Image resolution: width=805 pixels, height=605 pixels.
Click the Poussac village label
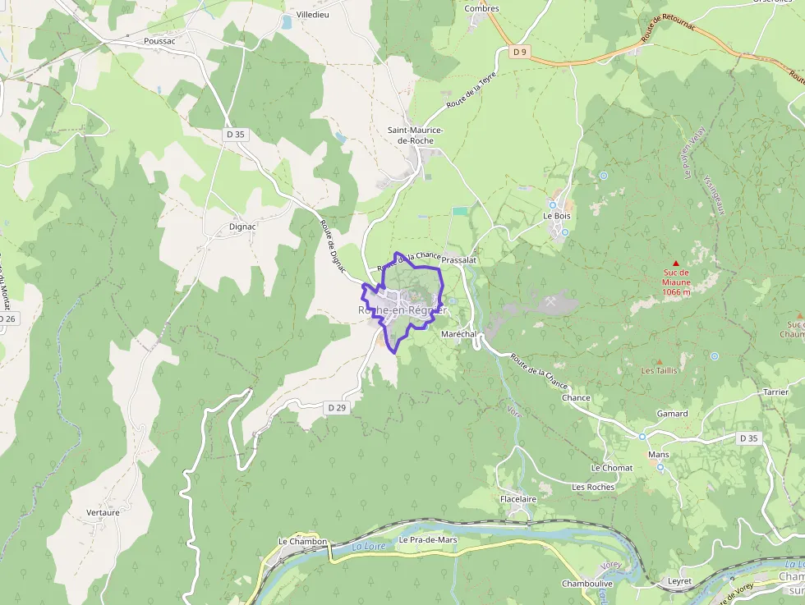pos(159,40)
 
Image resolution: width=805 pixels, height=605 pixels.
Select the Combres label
pos(481,8)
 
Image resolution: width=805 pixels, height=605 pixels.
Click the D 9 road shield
pos(518,53)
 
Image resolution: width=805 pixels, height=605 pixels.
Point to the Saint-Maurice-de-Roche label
pos(416,135)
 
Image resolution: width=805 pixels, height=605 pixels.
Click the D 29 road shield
pos(337,407)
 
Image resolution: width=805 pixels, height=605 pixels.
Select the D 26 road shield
pos(7,319)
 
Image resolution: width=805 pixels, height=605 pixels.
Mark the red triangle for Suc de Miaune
pos(676,263)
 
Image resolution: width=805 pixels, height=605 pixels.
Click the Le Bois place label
pos(556,216)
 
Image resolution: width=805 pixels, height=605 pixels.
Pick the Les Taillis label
pos(659,370)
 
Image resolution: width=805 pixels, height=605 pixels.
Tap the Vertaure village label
pos(103,512)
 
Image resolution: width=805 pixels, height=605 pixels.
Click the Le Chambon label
pos(302,542)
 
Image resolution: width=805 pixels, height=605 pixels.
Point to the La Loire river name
pos(368,546)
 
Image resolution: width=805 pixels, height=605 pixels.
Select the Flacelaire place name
pos(517,498)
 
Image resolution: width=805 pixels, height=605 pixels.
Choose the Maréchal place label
pos(459,335)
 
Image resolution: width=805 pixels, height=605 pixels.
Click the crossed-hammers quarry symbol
pos(550,301)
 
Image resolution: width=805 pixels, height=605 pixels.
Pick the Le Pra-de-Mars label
pos(427,540)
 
